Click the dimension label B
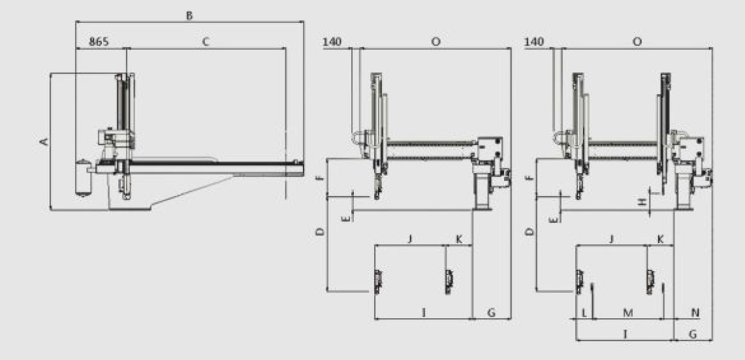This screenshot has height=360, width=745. [189, 16]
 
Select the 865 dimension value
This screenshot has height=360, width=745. [99, 42]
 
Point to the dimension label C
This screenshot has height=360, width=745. [205, 42]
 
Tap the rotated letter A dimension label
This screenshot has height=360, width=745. [44, 142]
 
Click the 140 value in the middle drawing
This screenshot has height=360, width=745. [332, 42]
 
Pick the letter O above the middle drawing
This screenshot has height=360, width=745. [436, 42]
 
